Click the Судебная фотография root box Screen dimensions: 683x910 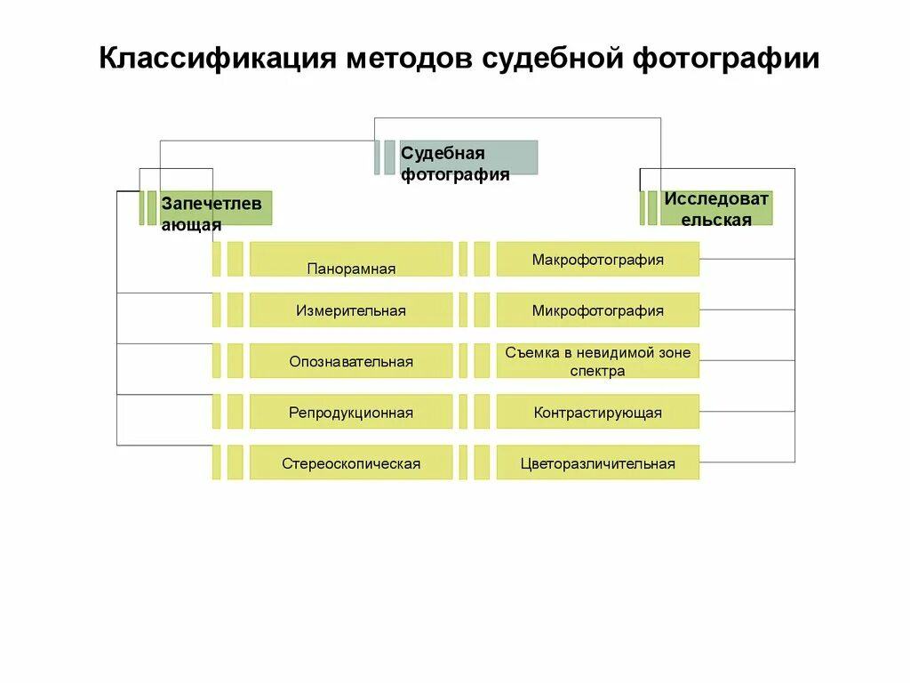click(468, 157)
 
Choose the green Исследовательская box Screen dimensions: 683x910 click(715, 207)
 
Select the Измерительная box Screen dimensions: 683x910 click(351, 310)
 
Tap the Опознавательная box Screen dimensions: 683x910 click(351, 361)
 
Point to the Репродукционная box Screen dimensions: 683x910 click(351, 413)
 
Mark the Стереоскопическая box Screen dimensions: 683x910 click(351, 463)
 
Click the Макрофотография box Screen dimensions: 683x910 click(597, 260)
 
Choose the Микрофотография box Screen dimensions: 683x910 click(597, 310)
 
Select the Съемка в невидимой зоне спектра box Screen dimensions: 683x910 click(597, 361)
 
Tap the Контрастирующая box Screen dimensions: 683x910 click(597, 413)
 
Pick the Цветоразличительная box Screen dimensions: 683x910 click(597, 463)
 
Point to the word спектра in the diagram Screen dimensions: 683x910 click(597, 371)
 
